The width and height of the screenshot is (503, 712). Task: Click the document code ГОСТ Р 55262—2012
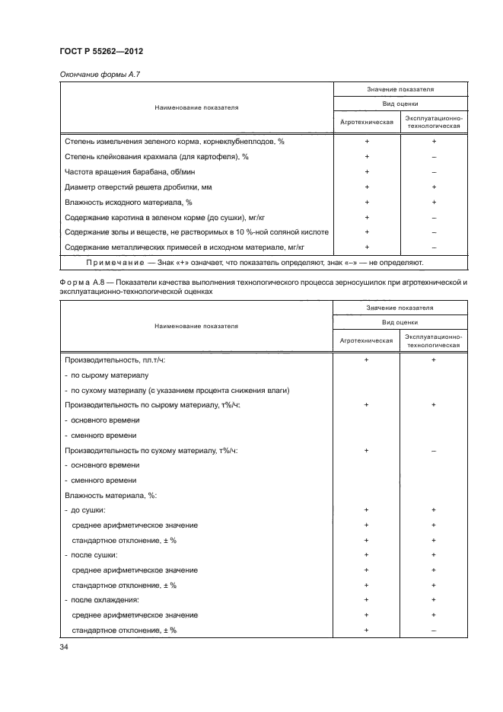point(101,51)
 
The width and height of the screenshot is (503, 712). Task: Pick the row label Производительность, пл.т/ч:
point(115,360)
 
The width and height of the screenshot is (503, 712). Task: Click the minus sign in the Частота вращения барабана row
point(434,171)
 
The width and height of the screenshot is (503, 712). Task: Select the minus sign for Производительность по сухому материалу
point(434,450)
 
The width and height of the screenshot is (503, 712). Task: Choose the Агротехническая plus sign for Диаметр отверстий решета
point(366,187)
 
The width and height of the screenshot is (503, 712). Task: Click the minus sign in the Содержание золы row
point(434,231)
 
